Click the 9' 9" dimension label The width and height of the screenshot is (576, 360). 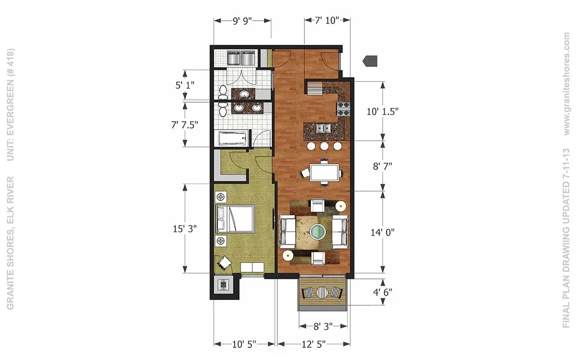(x=242, y=21)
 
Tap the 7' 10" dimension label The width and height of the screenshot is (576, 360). (x=327, y=20)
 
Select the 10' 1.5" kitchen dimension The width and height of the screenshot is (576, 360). (x=383, y=111)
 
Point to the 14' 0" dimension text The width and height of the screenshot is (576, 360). (x=383, y=232)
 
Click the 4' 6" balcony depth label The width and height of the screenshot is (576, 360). (x=383, y=292)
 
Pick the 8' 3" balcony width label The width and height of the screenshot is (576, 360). (x=323, y=326)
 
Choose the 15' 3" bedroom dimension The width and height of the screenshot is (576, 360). (x=185, y=228)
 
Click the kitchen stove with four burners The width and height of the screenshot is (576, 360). (x=344, y=109)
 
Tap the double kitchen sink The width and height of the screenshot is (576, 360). (x=324, y=128)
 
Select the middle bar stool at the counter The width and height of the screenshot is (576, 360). (x=324, y=146)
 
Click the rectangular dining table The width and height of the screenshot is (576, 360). (x=324, y=172)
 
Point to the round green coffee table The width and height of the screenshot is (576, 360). (x=317, y=231)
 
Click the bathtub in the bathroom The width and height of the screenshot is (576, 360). (x=233, y=139)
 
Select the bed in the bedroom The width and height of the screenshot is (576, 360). (x=235, y=219)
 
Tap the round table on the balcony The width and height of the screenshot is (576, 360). (x=322, y=293)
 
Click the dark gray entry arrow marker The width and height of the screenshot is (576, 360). (x=370, y=61)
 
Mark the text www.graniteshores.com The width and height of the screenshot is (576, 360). (x=567, y=84)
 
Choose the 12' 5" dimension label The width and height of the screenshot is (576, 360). (x=313, y=344)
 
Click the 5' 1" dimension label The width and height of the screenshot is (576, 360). (x=185, y=85)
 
